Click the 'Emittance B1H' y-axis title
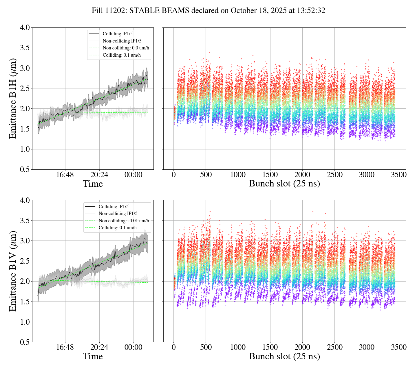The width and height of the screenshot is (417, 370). pyautogui.click(x=13, y=98)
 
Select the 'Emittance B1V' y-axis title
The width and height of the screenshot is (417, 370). pyautogui.click(x=13, y=271)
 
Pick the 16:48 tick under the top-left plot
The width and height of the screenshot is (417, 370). pyautogui.click(x=65, y=175)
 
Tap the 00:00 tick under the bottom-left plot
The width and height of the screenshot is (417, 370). pyautogui.click(x=133, y=347)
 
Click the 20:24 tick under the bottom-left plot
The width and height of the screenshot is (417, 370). pyautogui.click(x=99, y=347)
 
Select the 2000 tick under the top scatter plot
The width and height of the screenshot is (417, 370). pyautogui.click(x=302, y=175)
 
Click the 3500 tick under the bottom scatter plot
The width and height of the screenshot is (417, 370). pyautogui.click(x=399, y=347)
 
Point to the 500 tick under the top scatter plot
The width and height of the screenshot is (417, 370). pyautogui.click(x=206, y=175)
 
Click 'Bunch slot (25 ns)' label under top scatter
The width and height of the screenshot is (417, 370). pyautogui.click(x=284, y=184)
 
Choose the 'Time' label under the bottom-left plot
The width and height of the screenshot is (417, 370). pyautogui.click(x=93, y=356)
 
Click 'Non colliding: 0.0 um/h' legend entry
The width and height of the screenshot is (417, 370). pyautogui.click(x=126, y=48)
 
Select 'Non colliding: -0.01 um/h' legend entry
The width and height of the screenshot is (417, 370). pyautogui.click(x=124, y=221)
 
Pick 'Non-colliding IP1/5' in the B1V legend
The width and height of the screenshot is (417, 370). pyautogui.click(x=118, y=214)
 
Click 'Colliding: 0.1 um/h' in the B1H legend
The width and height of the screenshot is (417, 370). pyautogui.click(x=122, y=55)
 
